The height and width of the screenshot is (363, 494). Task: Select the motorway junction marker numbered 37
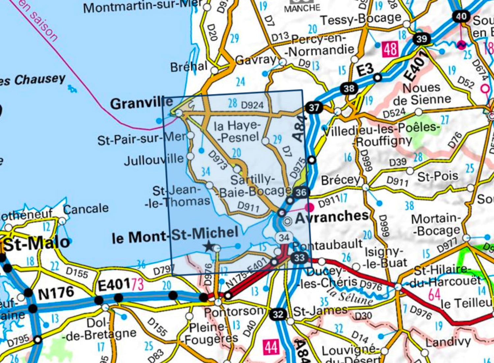(314, 107)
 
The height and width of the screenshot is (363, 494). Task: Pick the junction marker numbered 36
(301, 192)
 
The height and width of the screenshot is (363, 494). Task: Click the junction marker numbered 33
(299, 257)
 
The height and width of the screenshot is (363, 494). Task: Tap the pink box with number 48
(390, 49)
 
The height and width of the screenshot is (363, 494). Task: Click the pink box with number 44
(271, 347)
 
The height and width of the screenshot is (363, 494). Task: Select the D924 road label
(252, 105)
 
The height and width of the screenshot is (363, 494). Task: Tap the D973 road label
(218, 160)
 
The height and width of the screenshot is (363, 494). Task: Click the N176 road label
(56, 293)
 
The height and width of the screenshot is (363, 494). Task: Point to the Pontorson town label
(234, 311)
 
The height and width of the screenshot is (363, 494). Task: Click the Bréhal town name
(189, 67)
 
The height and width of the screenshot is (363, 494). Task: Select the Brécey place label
(341, 180)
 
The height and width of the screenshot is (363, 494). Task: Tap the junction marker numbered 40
(461, 16)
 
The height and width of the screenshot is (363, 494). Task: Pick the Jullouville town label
(154, 160)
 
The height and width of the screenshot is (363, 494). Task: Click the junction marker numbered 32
(278, 314)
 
